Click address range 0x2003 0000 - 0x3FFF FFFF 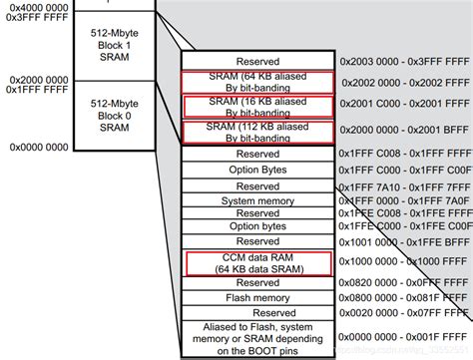403,62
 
